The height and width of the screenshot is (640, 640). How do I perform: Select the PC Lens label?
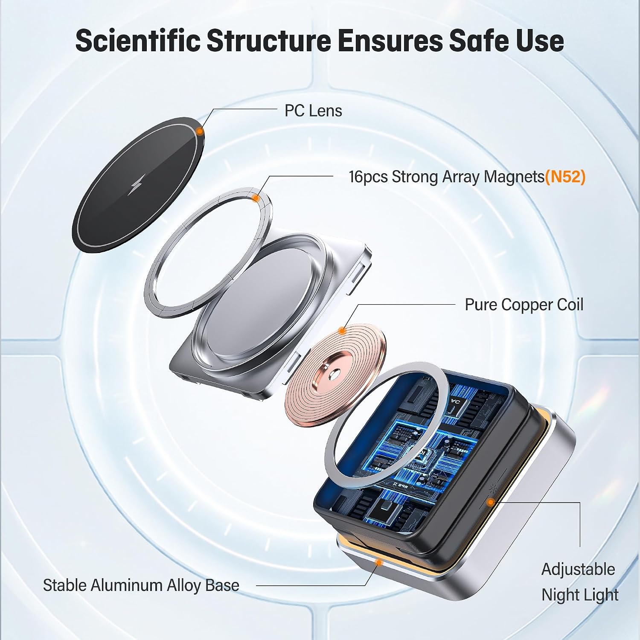coord(313,111)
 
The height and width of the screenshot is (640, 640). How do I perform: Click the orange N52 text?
coord(565,177)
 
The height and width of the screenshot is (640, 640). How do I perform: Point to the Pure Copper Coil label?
coord(524,305)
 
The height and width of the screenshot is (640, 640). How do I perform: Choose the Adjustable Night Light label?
coord(579,582)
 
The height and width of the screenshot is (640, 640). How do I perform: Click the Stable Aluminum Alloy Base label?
coord(141,585)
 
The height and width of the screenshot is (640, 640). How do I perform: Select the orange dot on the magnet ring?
coord(256,198)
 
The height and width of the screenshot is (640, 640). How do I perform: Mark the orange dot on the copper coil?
coord(342,330)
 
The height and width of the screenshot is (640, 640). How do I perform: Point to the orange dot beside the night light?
coord(491,502)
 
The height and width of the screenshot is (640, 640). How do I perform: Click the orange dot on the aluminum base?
coord(378,562)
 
